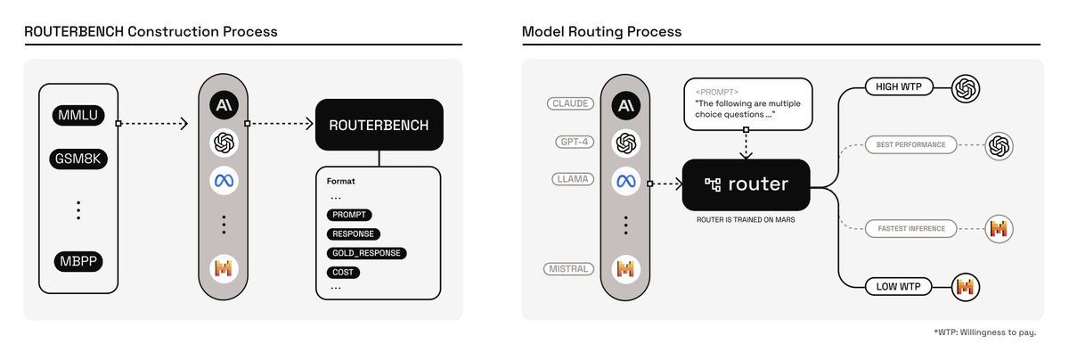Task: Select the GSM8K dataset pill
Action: pyautogui.click(x=78, y=160)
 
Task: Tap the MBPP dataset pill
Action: pyautogui.click(x=78, y=262)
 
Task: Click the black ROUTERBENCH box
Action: pyautogui.click(x=379, y=125)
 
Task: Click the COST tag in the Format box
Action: pyautogui.click(x=342, y=272)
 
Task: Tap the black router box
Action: pyautogui.click(x=746, y=184)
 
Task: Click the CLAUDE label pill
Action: pyautogui.click(x=571, y=103)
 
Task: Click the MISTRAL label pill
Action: pyautogui.click(x=571, y=268)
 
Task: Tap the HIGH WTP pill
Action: pyautogui.click(x=900, y=87)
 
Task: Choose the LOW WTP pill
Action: pyautogui.click(x=901, y=287)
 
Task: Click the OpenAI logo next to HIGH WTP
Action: pyautogui.click(x=966, y=88)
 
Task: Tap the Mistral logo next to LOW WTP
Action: pyautogui.click(x=966, y=287)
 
